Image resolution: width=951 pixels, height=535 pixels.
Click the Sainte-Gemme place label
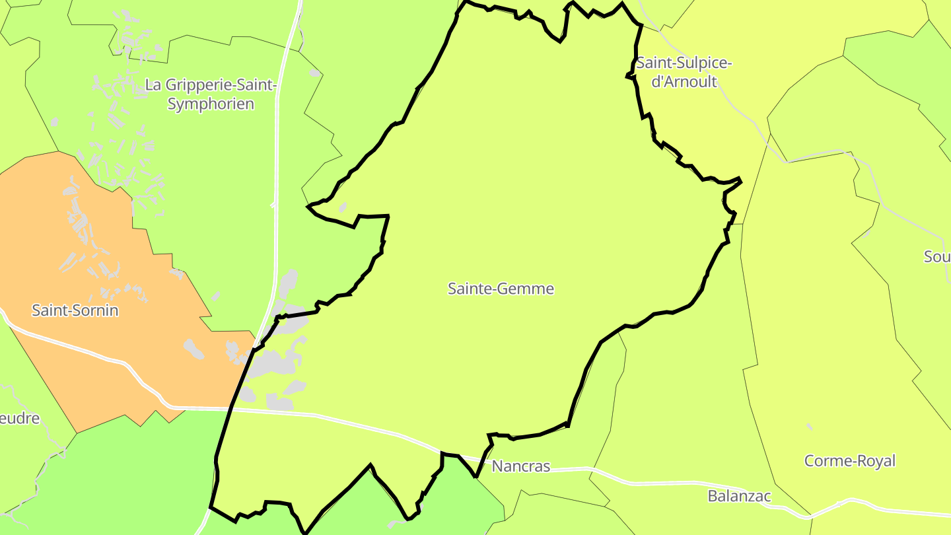click(x=501, y=289)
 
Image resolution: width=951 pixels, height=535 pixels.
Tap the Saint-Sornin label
click(x=75, y=310)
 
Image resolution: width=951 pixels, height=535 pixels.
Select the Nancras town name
click(x=520, y=466)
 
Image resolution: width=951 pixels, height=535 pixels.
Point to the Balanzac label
click(x=739, y=495)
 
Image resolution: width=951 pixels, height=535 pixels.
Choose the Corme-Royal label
click(x=849, y=460)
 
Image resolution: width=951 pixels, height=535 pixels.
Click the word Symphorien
click(x=211, y=104)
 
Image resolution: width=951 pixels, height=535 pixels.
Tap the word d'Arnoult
click(x=684, y=83)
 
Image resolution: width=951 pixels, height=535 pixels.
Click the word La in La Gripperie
click(x=153, y=85)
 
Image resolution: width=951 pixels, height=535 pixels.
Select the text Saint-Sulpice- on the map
click(x=684, y=63)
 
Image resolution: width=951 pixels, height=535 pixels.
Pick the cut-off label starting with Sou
click(x=936, y=257)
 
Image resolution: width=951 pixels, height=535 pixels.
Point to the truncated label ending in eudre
click(x=19, y=418)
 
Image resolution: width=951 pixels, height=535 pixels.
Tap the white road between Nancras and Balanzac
click(x=634, y=483)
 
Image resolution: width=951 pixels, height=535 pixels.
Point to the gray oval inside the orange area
click(x=194, y=349)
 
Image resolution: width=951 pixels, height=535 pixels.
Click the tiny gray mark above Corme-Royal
click(x=809, y=427)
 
